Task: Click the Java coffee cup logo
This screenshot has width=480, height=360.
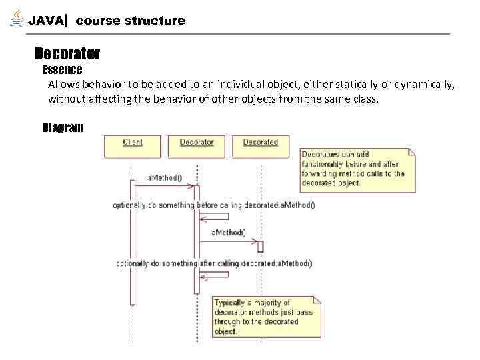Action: coord(17,18)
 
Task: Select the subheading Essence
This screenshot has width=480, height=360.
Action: coord(62,69)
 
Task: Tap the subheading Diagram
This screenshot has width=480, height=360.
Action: coord(63,127)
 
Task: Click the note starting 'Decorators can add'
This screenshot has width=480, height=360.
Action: coord(357,169)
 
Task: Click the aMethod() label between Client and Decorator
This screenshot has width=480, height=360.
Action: coord(165,178)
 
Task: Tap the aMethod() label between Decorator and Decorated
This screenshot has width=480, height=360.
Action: coord(229,233)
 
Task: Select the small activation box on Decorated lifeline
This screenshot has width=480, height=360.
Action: coord(261,247)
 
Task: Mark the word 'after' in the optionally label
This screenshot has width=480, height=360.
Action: coord(209,263)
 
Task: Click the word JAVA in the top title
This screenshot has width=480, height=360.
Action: coord(46,21)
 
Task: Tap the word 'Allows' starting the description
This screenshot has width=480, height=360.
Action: coord(63,85)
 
